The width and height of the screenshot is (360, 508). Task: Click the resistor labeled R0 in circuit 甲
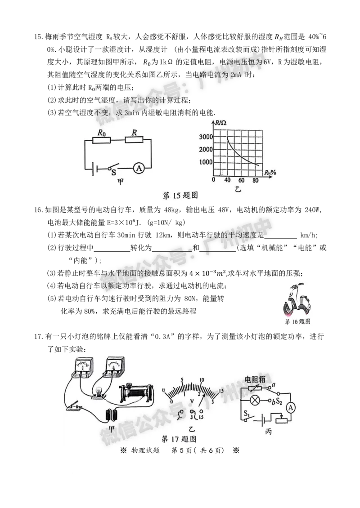pos(101,140)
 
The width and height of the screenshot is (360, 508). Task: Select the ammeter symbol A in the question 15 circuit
pos(139,169)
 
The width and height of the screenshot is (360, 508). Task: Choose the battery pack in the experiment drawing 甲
pos(111,414)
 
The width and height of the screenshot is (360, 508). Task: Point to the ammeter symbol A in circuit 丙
pos(290,407)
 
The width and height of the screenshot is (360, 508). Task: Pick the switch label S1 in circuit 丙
pos(246,413)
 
